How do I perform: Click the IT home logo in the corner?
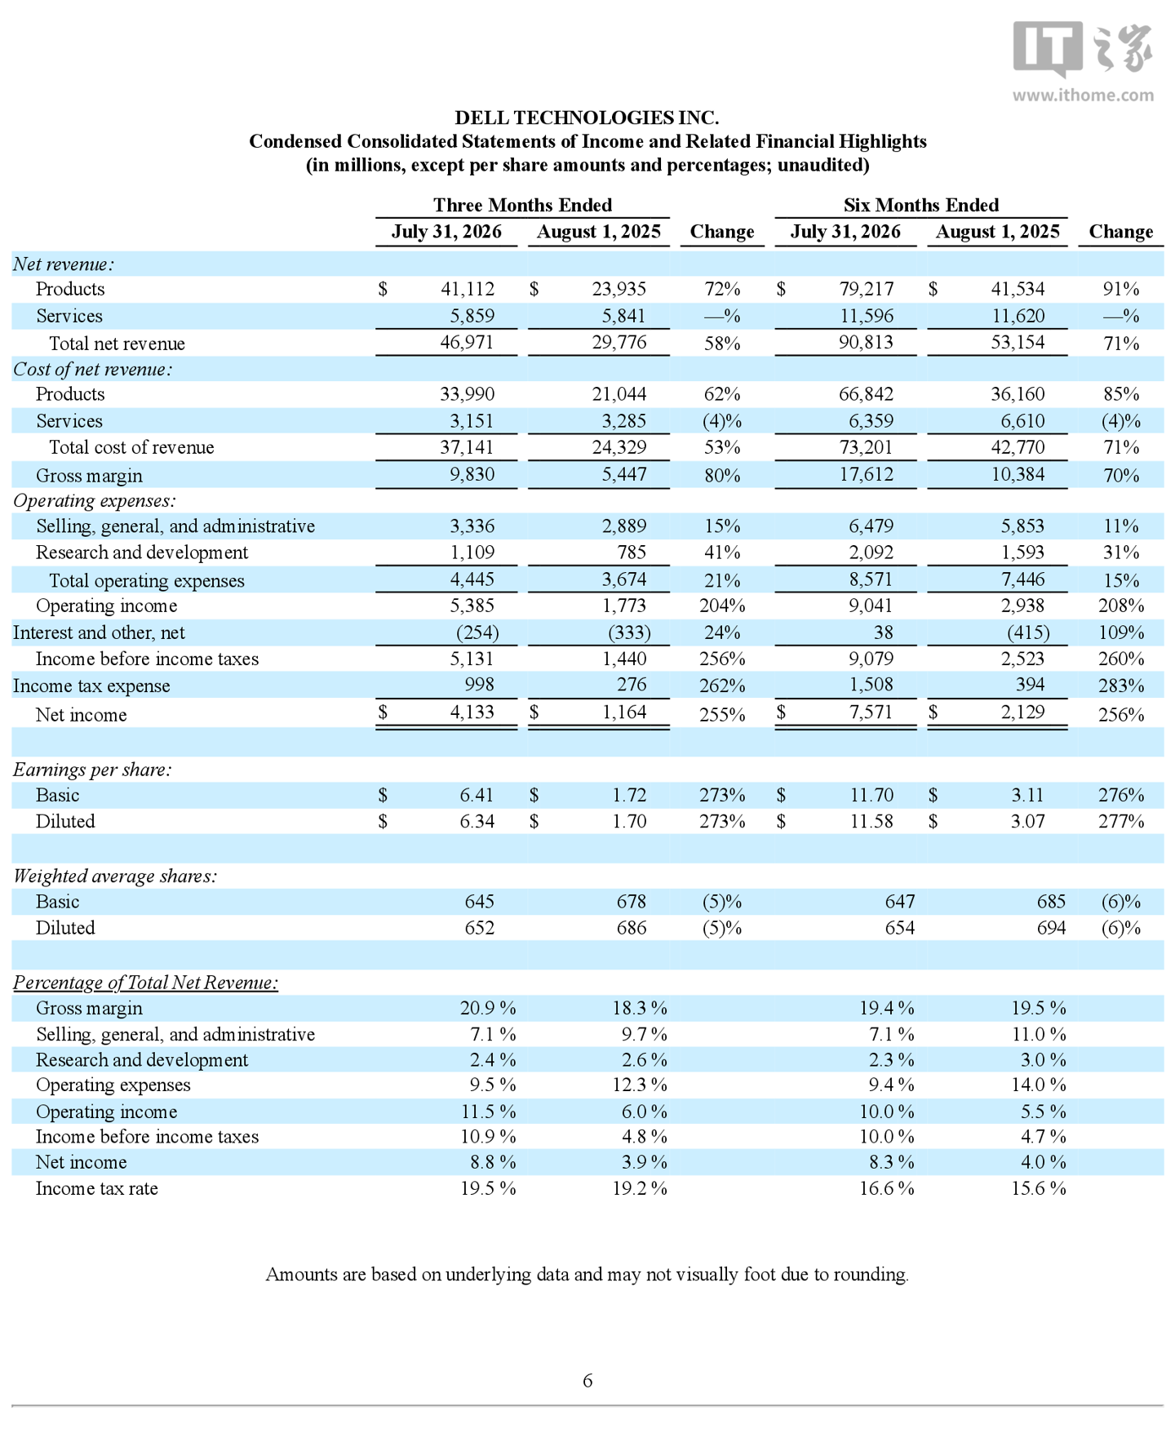1083,49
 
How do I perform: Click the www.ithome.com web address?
1083,95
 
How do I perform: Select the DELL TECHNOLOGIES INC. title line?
587,118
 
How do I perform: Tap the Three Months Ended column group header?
522,205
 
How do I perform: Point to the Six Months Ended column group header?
920,205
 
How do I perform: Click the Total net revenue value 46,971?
467,342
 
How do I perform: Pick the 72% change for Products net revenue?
722,289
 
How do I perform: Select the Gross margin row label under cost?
89,476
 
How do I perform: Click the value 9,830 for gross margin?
472,474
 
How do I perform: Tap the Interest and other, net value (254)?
477,632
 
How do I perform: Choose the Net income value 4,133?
472,712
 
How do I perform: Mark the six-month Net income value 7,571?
871,712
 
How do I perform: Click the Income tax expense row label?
91,686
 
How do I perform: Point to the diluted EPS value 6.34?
477,821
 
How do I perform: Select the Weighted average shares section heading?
115,876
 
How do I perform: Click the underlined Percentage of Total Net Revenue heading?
145,983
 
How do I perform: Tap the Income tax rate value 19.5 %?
488,1188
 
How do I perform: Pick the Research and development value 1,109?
472,553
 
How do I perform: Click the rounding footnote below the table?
587,1275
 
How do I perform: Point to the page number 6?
587,1380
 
